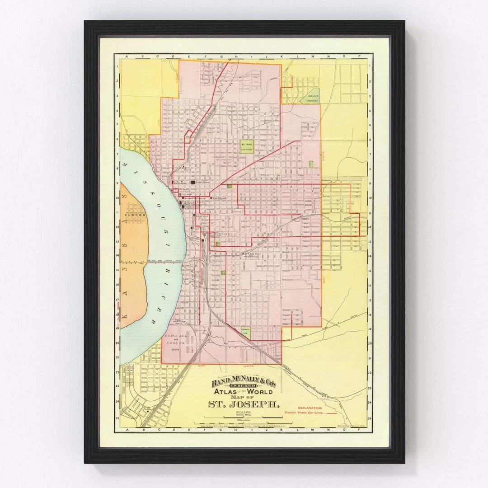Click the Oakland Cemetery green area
310,96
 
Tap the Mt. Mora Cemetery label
247,146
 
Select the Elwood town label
135,215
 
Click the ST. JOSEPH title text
244,404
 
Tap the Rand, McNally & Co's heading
244,384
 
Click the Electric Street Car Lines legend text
305,413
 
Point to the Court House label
202,182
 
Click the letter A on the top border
127,56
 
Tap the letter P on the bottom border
360,430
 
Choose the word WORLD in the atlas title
258,391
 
